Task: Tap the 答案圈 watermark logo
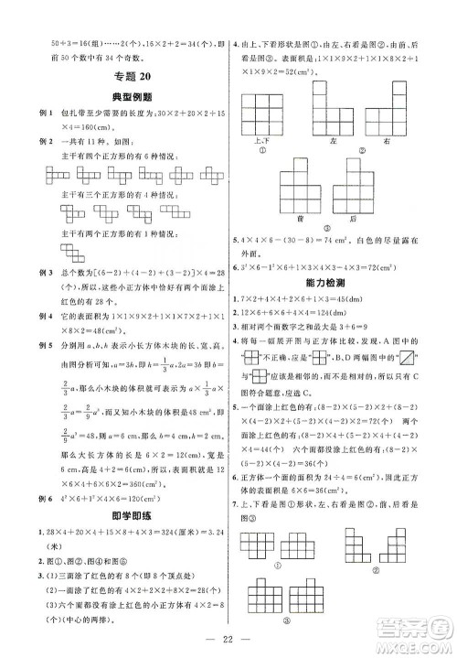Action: (411, 623)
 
